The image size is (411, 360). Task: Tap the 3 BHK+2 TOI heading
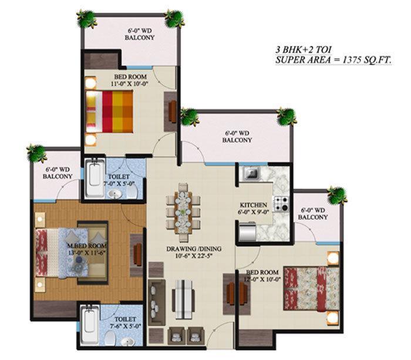click(x=307, y=49)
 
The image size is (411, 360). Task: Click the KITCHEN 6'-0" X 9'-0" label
click(x=253, y=209)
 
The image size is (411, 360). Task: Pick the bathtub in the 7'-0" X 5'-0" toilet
click(x=95, y=179)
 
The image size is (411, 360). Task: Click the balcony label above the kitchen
click(x=238, y=137)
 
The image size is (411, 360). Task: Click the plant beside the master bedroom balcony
click(x=36, y=154)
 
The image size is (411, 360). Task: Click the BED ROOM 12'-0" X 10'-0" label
click(x=260, y=276)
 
